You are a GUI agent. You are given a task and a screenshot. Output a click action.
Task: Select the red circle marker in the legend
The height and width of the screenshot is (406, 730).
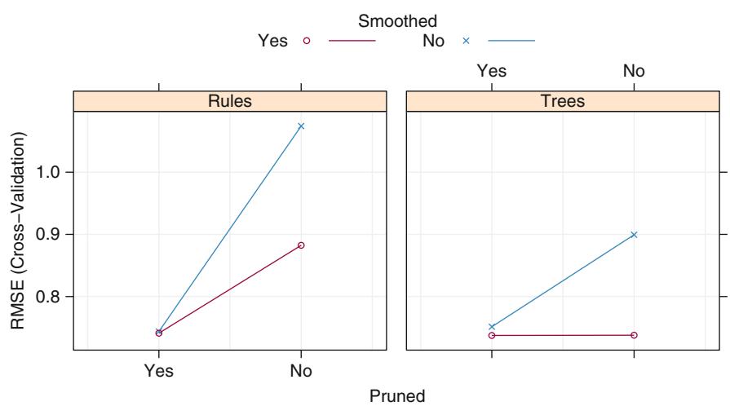tap(307, 41)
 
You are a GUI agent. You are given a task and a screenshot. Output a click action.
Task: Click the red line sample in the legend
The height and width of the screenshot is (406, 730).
tap(352, 41)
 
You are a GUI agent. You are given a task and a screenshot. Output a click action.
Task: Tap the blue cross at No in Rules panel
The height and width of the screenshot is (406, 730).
tap(301, 126)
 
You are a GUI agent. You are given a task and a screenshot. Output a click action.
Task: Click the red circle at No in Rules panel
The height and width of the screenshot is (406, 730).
tap(301, 245)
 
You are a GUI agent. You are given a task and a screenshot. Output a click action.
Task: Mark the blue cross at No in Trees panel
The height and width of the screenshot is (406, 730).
tap(634, 235)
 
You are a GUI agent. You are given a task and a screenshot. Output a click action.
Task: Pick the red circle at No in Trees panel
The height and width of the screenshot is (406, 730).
tap(634, 335)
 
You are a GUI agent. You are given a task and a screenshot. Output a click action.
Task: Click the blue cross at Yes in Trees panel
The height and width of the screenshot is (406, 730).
tap(492, 326)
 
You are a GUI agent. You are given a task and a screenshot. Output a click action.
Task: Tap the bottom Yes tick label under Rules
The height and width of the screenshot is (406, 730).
tap(158, 372)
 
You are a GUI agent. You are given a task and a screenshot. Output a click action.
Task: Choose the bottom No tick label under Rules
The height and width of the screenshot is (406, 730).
tap(301, 372)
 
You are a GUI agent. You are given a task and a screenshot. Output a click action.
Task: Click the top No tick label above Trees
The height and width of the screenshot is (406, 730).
tap(634, 71)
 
